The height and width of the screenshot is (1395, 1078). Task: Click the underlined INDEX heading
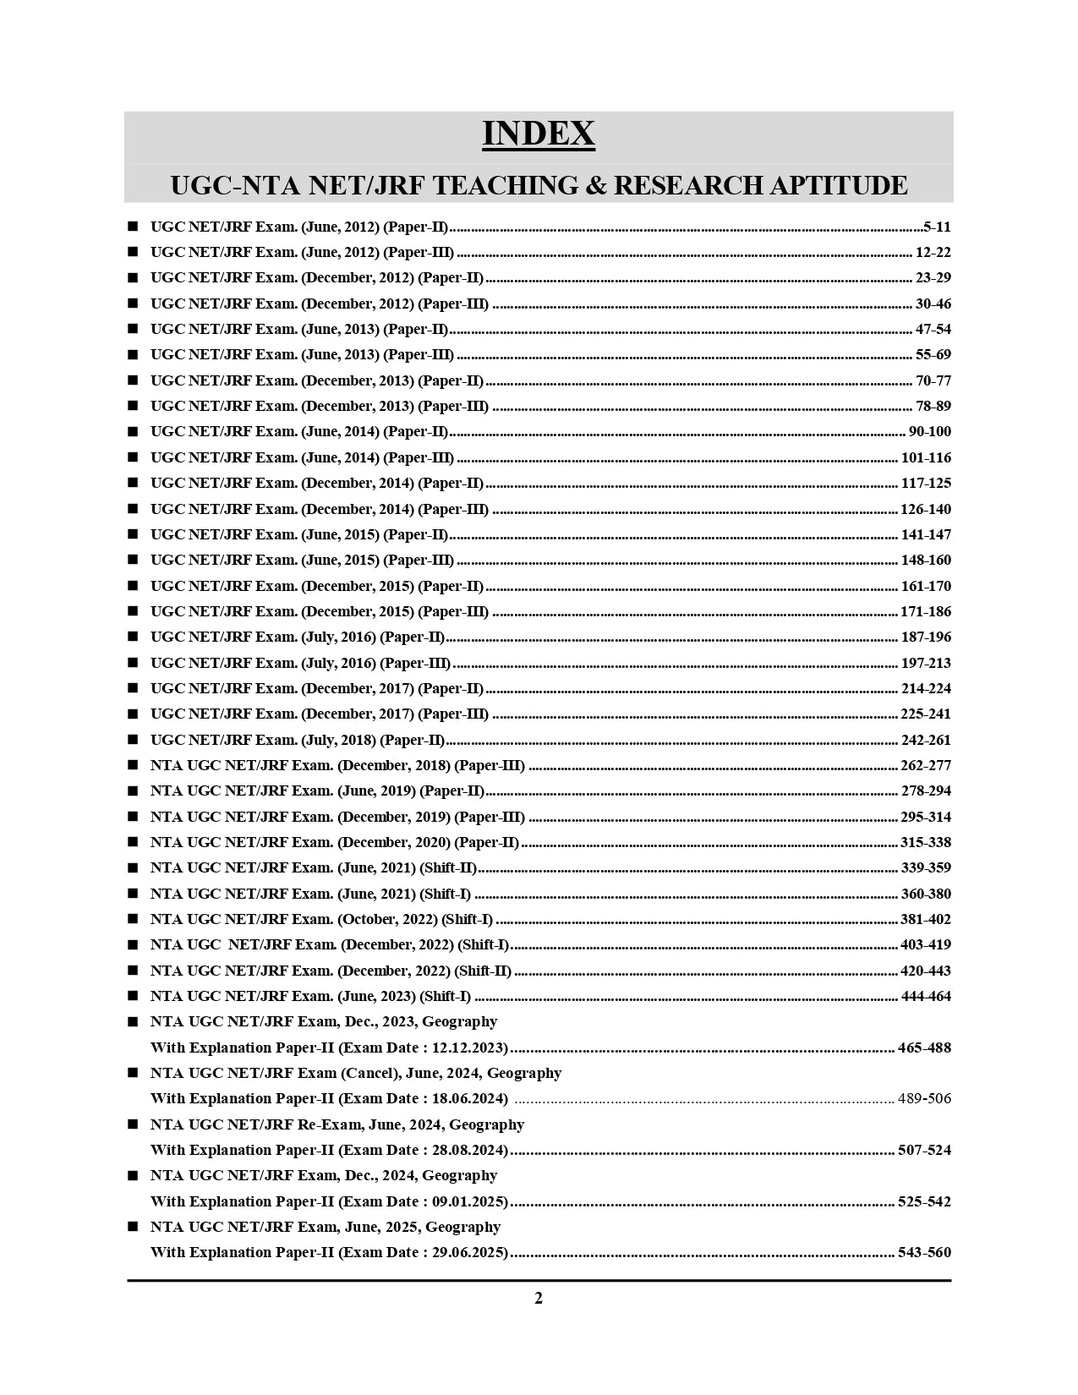[x=539, y=134]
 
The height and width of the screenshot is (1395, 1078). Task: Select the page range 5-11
[x=937, y=227]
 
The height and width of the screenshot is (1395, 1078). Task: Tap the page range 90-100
[x=929, y=432]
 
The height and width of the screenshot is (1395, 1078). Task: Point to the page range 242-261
[x=926, y=740]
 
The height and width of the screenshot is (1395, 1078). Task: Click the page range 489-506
[x=924, y=1099]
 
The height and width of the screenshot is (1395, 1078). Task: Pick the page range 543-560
[x=924, y=1253]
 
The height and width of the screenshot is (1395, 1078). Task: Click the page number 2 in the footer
[x=539, y=1299]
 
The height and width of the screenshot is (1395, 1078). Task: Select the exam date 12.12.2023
[x=468, y=1048]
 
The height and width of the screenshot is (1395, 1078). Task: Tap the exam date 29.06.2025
[x=468, y=1253]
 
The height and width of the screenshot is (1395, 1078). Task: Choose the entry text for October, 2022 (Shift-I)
[x=321, y=919]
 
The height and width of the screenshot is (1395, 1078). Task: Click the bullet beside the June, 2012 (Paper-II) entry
[x=133, y=227]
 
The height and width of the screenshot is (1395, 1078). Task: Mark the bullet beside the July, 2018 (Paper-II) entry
[x=133, y=740]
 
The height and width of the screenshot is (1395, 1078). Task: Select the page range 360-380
[x=926, y=894]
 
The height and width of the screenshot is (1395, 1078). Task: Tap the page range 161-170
[x=926, y=586]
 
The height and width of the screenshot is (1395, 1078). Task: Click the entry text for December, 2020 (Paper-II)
[x=334, y=842]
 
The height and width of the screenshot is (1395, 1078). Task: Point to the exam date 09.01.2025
[x=468, y=1201]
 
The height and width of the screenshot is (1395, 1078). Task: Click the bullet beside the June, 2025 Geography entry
[x=133, y=1227]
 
